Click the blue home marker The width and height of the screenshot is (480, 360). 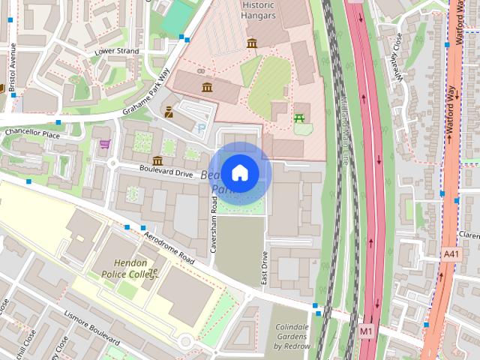pos(239,173)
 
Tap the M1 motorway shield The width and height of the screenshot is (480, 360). pos(366,330)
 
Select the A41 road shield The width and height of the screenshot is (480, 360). pos(450,255)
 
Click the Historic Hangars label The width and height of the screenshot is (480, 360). pos(258,10)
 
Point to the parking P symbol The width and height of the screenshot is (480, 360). pos(199,128)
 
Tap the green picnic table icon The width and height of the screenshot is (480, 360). pos(300,118)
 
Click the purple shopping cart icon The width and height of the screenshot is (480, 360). pos(105,144)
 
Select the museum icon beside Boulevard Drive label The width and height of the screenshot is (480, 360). pos(157,160)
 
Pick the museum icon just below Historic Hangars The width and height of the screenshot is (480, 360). pos(251,43)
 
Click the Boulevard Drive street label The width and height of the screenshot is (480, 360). pos(166,172)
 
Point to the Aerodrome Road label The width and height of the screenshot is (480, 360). pos(169,247)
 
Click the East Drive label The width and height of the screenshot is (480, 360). pos(264,267)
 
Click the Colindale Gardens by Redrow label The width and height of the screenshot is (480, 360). pos(291,337)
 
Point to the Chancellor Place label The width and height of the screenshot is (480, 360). pos(31,134)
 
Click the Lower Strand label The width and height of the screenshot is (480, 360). pos(116,51)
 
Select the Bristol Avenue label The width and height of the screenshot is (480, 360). pos(13,66)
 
